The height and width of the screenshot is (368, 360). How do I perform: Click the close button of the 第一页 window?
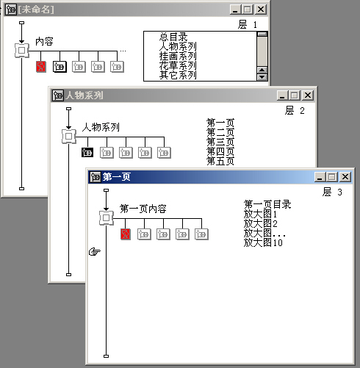tap(345, 176)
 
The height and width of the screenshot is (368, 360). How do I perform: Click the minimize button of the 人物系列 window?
tap(282, 95)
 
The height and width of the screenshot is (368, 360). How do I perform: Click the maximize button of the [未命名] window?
tap(248, 10)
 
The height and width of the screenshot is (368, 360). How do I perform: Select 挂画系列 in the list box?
tap(178, 56)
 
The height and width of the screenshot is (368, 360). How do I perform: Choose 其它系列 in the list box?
tap(178, 75)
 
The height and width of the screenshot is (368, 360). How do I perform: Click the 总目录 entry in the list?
tap(173, 37)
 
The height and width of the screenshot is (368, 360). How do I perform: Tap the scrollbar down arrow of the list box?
tap(262, 77)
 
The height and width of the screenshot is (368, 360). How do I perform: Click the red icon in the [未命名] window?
tap(41, 67)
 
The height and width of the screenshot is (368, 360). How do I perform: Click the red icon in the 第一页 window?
tap(126, 234)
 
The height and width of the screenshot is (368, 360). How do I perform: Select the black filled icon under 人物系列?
tap(87, 153)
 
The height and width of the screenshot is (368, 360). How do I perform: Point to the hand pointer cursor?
tap(95, 251)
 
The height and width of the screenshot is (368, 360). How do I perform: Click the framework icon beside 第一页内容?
tap(107, 217)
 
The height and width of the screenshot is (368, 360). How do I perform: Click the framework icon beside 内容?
tap(22, 51)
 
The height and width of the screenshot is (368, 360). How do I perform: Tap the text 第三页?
tap(220, 142)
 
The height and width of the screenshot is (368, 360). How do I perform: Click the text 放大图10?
tap(263, 242)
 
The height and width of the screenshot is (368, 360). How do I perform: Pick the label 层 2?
tap(295, 111)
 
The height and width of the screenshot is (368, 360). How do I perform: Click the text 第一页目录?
tap(267, 204)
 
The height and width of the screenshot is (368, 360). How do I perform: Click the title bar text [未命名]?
tap(36, 10)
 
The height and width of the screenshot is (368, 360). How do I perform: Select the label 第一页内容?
tap(143, 209)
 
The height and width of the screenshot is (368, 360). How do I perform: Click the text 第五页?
tap(220, 161)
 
